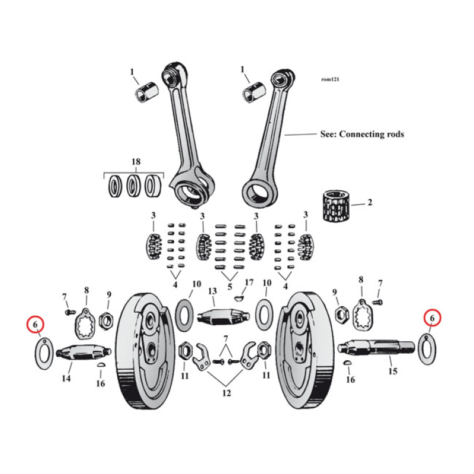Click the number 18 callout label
coord(135,162)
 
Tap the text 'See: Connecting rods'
coord(361,134)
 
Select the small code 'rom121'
coord(331,78)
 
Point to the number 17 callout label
coord(249,282)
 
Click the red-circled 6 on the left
coord(36,324)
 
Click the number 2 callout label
coord(370,203)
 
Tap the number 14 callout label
coord(65,378)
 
